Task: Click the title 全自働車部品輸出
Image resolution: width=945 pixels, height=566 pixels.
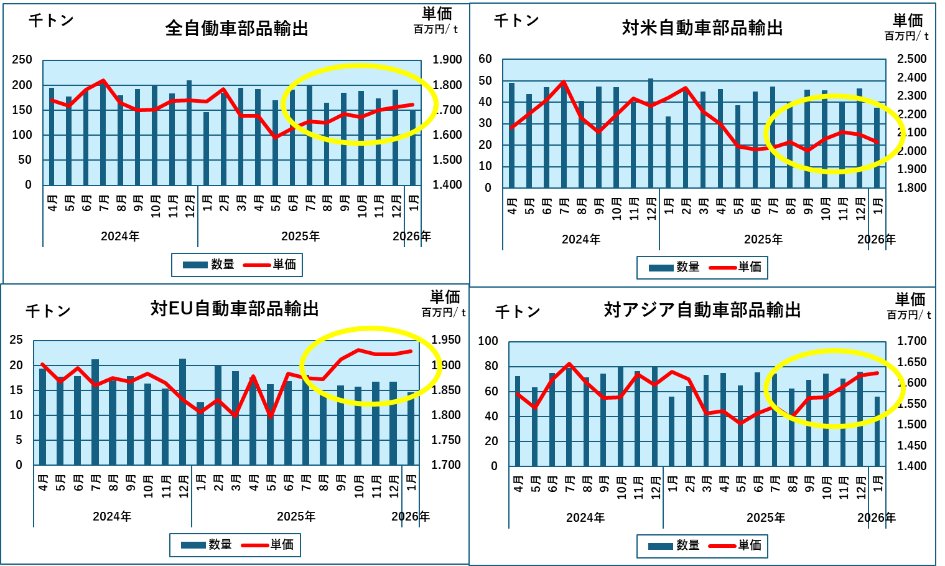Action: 237,29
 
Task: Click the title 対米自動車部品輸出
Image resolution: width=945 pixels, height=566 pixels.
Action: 702,28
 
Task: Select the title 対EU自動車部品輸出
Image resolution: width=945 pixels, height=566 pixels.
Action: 235,309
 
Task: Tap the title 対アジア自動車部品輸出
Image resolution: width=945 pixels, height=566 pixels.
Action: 702,310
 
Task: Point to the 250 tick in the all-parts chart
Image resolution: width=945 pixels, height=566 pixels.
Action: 22,60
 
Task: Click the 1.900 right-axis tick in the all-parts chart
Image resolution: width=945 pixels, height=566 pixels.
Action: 447,60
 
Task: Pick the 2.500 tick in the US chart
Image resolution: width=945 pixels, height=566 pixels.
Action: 912,59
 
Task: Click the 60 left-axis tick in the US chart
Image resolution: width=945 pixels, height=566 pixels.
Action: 485,59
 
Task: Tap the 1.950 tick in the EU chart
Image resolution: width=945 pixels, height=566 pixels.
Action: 446,340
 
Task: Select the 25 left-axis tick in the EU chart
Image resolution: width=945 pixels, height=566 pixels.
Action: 16,340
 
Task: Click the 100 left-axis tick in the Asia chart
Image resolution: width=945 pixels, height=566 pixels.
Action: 488,341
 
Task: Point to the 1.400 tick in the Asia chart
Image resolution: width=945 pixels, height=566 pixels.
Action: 912,466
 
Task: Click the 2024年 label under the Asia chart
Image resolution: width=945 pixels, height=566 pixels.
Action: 585,518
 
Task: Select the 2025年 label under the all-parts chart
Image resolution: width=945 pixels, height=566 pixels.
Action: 300,237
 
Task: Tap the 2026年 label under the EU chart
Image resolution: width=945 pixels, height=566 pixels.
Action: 411,517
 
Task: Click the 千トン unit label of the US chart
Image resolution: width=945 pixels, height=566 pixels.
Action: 516,21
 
